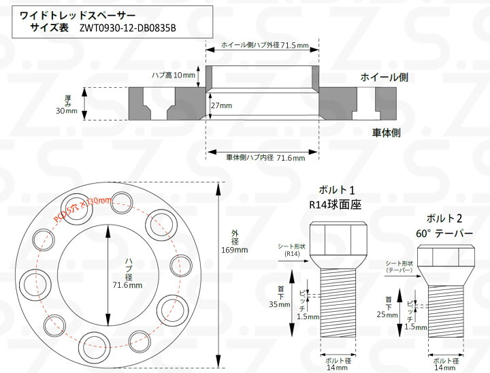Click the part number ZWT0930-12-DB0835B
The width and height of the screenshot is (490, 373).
pos(127,28)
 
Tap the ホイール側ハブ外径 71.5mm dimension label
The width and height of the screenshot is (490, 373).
pos(265,46)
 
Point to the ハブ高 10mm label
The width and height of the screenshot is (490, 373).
pos(174,75)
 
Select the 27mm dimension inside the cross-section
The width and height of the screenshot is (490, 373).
pos(221,106)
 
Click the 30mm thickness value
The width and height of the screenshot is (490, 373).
pos(67,111)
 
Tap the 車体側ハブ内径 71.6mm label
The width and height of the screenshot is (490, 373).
pos(265,158)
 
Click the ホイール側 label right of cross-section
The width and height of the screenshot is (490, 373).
pos(384,77)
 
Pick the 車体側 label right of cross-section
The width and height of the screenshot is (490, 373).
pos(386,133)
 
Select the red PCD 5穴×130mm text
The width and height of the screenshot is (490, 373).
pos(82,208)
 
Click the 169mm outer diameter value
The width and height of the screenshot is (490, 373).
pos(234,250)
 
